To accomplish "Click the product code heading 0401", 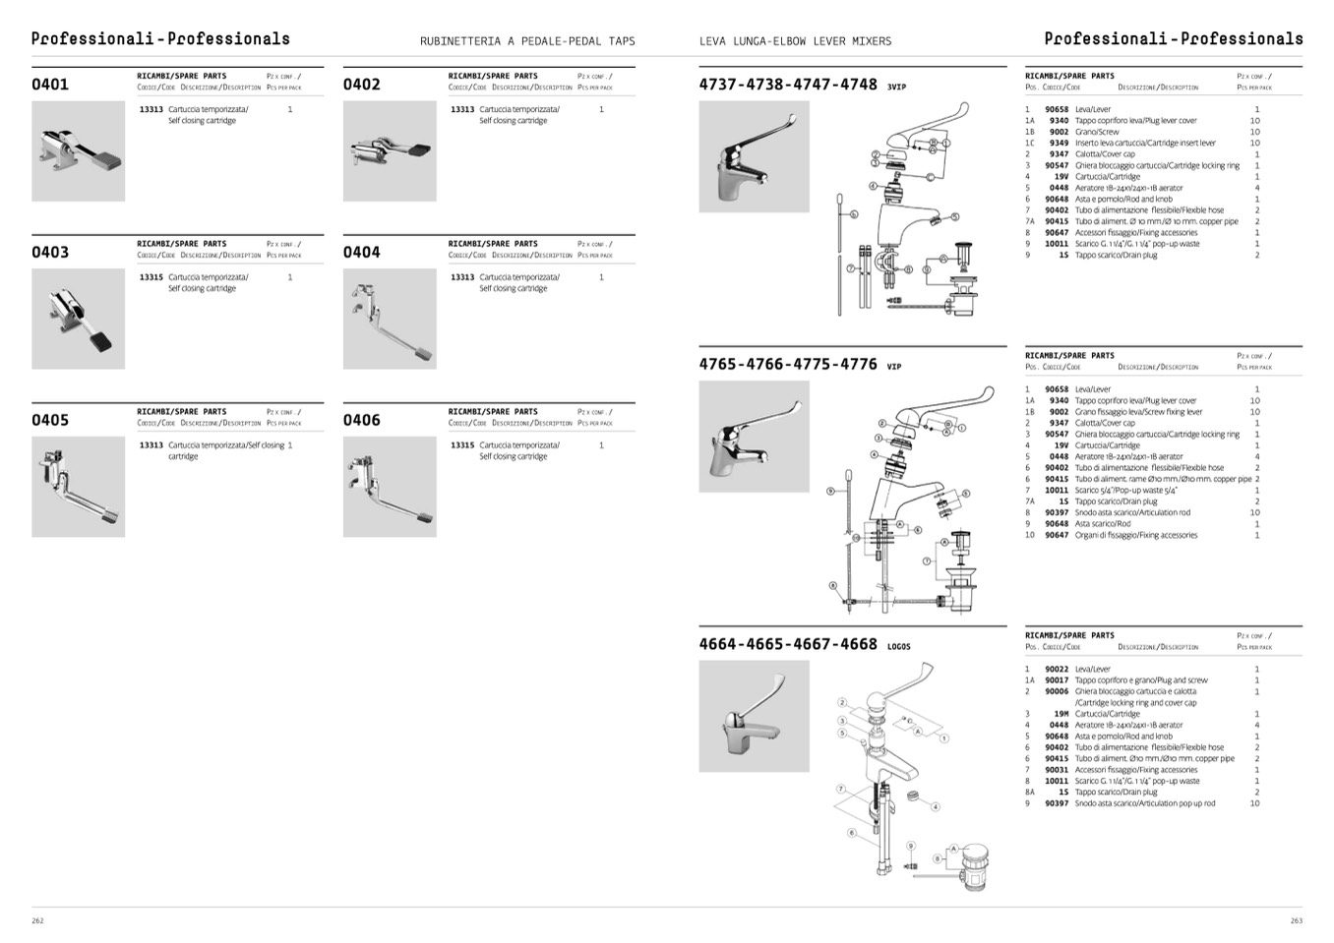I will click(50, 85).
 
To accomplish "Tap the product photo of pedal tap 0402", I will click(390, 151).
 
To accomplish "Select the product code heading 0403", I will click(50, 253).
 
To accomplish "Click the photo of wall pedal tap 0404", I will click(390, 320).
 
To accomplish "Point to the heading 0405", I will click(50, 421).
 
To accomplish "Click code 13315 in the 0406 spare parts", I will click(462, 445).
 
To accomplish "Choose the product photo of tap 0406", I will click(390, 487).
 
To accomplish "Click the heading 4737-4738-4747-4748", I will click(788, 85).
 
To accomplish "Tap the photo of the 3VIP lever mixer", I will click(754, 156).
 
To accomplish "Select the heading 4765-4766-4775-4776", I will click(788, 364).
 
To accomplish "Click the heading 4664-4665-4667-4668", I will click(788, 644).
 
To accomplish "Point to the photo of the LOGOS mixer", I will click(754, 716).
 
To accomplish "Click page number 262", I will click(37, 920).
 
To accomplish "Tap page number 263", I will click(1296, 920).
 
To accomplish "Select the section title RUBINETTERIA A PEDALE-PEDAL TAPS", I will click(527, 41).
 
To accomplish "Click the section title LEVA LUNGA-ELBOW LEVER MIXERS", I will click(795, 41).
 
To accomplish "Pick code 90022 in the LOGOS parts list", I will click(1057, 669).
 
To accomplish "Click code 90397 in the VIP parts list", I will click(1057, 512).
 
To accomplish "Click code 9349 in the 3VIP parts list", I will click(1059, 143).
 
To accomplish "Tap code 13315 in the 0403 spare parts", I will click(151, 277).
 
